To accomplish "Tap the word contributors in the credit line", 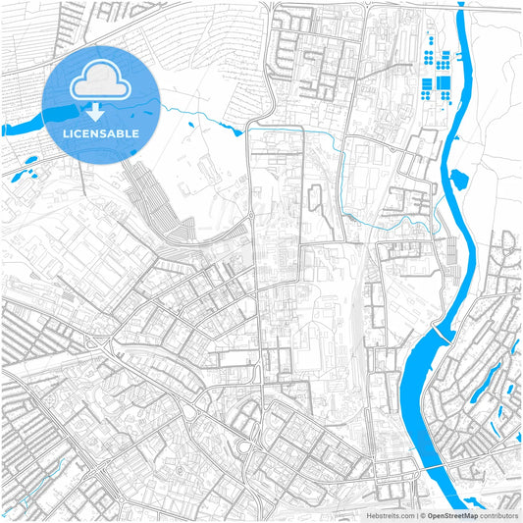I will [499, 514].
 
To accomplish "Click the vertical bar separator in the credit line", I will [417, 514].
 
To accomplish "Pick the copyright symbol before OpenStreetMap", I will [424, 514].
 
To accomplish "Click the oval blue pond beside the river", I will [458, 180].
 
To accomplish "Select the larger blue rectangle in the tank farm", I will [443, 81].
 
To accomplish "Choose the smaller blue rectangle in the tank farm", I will [428, 56].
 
